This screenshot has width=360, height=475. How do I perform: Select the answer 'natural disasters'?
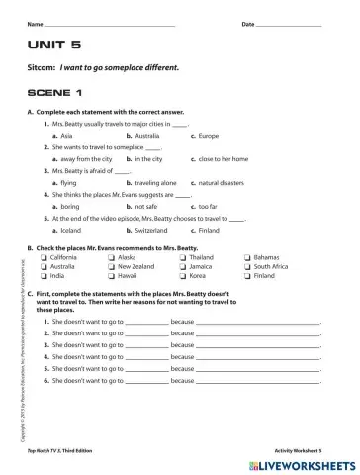coord(225,182)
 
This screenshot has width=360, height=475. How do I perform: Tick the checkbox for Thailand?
coord(182,257)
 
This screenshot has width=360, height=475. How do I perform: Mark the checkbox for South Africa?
coord(247,266)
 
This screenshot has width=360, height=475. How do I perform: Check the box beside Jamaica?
coord(182,266)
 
